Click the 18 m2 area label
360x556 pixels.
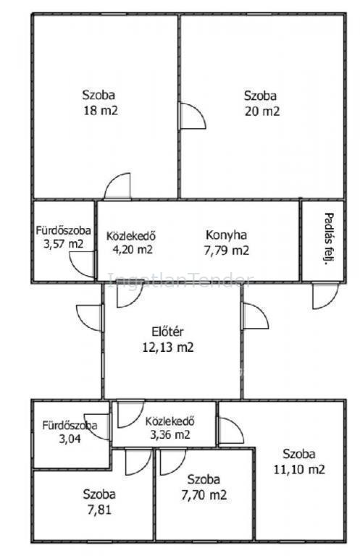coord(101,110)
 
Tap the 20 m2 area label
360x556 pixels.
coord(262,111)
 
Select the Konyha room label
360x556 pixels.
coord(226,235)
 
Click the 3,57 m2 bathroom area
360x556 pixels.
coord(63,244)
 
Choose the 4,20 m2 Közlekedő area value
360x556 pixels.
coord(133,249)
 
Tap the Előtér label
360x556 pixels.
coord(167,332)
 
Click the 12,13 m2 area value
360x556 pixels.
coord(168,347)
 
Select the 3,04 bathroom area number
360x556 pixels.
coord(70,439)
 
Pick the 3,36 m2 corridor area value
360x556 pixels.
coord(170,434)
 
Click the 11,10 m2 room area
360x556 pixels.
coord(299,469)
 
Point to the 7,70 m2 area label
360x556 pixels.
coord(204,494)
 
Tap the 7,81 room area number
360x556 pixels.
coord(99,510)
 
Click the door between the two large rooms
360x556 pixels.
coord(193,116)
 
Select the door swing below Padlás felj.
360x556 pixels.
coord(325,295)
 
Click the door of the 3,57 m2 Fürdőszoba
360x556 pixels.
coord(83,264)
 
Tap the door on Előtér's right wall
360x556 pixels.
coord(255,316)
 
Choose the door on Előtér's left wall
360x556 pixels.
coord(90,318)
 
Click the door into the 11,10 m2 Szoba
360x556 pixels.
coord(230,431)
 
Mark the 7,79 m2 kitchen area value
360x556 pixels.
coord(226,250)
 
